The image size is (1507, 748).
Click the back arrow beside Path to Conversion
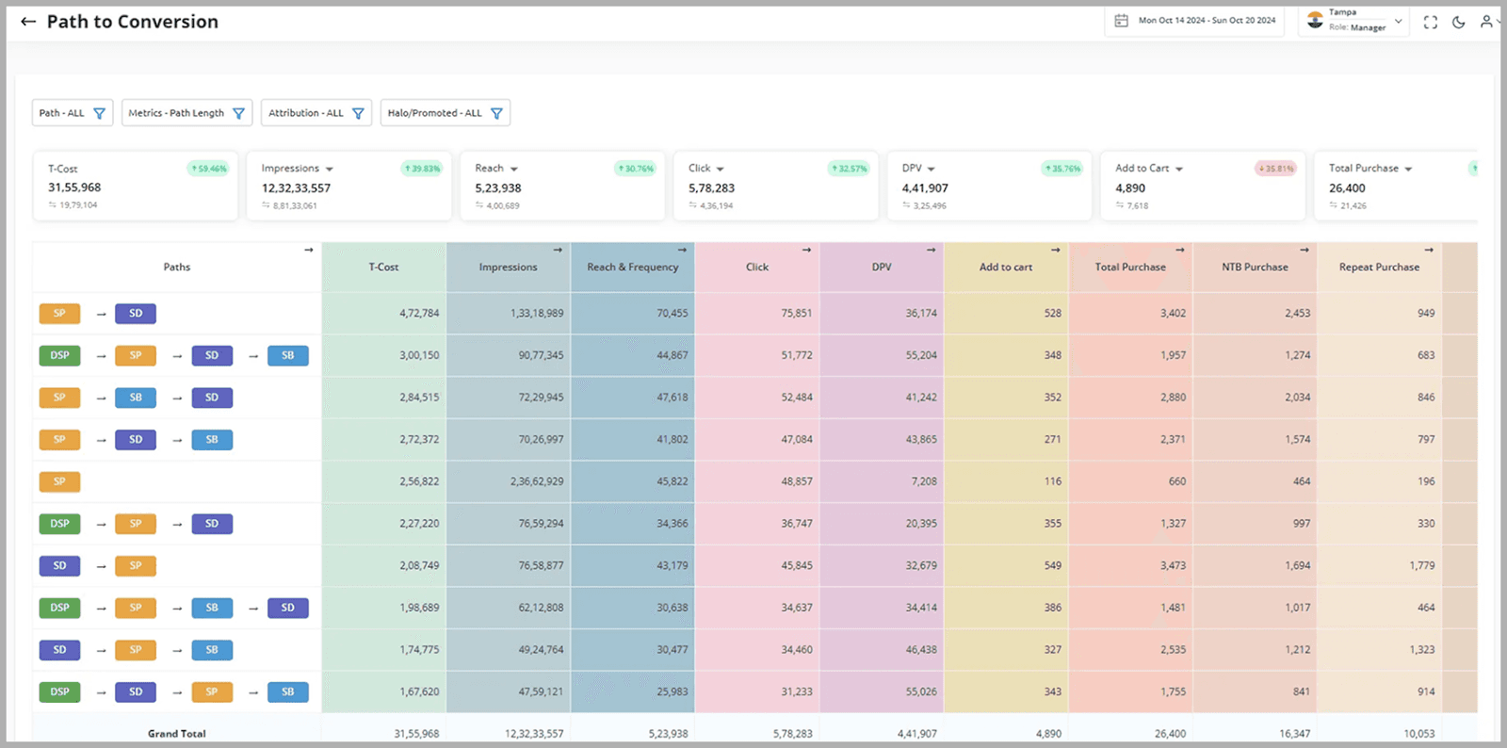tap(28, 22)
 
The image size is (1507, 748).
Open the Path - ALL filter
tap(73, 113)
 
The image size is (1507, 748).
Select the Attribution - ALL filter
tap(316, 113)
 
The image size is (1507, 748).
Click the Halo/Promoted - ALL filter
tap(445, 113)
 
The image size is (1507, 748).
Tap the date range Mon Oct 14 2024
tap(1196, 21)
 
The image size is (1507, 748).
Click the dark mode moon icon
tap(1458, 22)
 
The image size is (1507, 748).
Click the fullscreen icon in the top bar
tap(1430, 22)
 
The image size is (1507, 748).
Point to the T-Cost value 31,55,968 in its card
tap(74, 187)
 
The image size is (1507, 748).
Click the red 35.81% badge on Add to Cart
tap(1275, 169)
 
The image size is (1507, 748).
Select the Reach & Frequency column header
tap(632, 268)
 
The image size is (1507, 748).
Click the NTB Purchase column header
tap(1255, 268)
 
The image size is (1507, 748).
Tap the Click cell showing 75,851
tap(796, 314)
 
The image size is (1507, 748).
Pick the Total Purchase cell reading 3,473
tap(1173, 566)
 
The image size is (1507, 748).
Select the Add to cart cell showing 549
tap(1052, 566)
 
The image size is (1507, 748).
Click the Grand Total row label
tap(176, 733)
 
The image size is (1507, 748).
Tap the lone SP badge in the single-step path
tap(59, 481)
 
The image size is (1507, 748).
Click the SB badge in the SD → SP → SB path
tap(212, 650)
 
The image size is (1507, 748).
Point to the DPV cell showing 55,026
tap(920, 691)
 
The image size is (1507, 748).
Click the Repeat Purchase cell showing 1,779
tap(1421, 566)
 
